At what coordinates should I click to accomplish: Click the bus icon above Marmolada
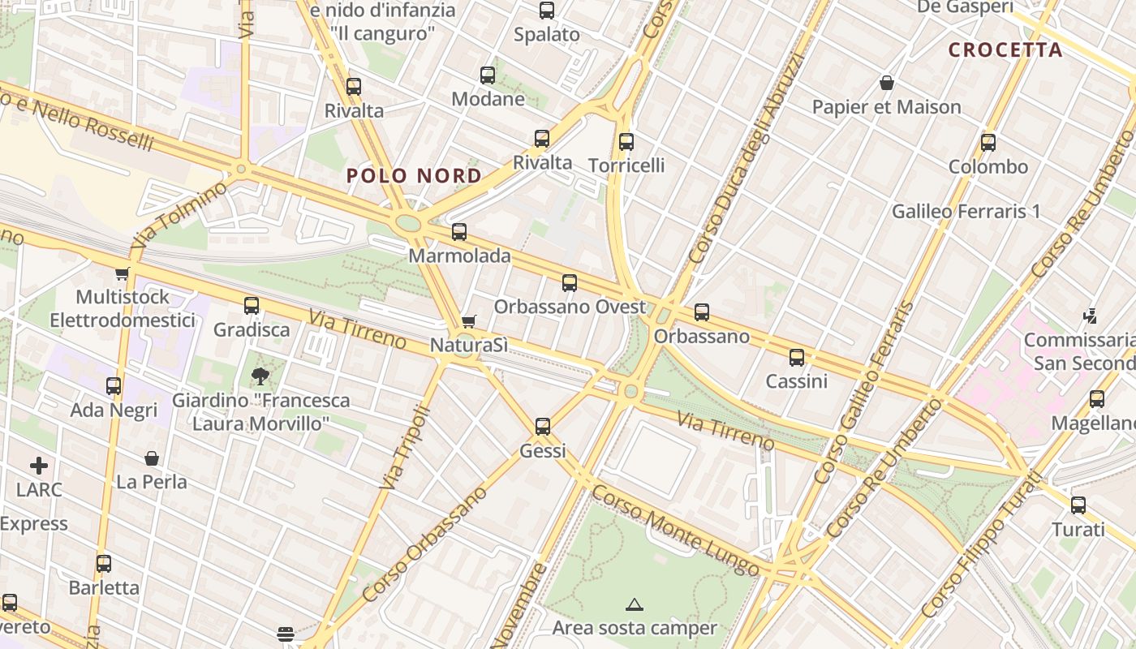pos(459,232)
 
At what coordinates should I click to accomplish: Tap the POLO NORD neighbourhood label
pos(414,176)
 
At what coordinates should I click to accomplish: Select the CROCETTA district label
pos(1005,50)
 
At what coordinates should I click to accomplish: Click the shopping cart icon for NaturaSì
pos(468,322)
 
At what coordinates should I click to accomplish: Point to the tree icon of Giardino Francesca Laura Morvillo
pos(260,376)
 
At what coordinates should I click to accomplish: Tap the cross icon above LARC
pos(39,466)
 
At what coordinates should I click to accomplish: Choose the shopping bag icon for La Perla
pos(152,459)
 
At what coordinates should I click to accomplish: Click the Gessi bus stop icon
pos(543,427)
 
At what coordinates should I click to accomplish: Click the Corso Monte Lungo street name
pos(675,531)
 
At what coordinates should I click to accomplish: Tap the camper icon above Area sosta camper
pos(635,604)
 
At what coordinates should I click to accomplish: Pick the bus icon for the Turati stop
pos(1078,505)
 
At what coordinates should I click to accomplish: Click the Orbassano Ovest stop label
pos(570,307)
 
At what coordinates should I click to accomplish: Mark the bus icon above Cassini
pos(797,358)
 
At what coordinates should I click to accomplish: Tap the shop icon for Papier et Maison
pos(887,84)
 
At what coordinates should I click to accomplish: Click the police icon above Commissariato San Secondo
pos(1092,316)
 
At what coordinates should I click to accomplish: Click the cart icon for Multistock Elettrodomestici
pos(123,274)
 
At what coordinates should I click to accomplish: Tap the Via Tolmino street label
pos(179,216)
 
